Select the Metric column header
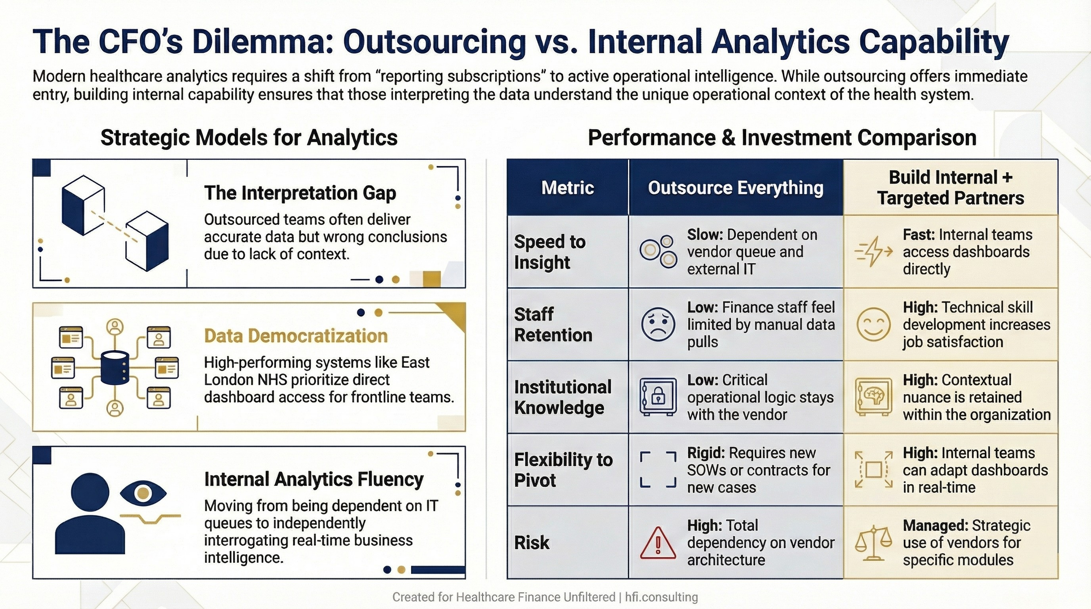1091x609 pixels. coord(567,188)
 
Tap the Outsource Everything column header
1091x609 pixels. coord(735,188)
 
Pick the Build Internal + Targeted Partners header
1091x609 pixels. coord(950,188)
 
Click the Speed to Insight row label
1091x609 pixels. coord(549,252)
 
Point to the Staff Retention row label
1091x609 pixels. coord(553,324)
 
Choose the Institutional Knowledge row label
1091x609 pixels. coord(563,397)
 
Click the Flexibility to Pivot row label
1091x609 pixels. coord(563,470)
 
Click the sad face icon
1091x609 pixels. coord(658,324)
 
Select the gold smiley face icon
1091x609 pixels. coord(873,324)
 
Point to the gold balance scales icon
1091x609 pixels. coord(873,543)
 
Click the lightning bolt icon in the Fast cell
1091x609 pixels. coord(873,251)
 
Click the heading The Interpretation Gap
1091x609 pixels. coord(300,193)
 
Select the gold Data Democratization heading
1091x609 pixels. coord(295,336)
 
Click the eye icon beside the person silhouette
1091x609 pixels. coord(143,494)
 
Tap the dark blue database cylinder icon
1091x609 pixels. coord(115,369)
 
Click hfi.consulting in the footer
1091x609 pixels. coord(661,597)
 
